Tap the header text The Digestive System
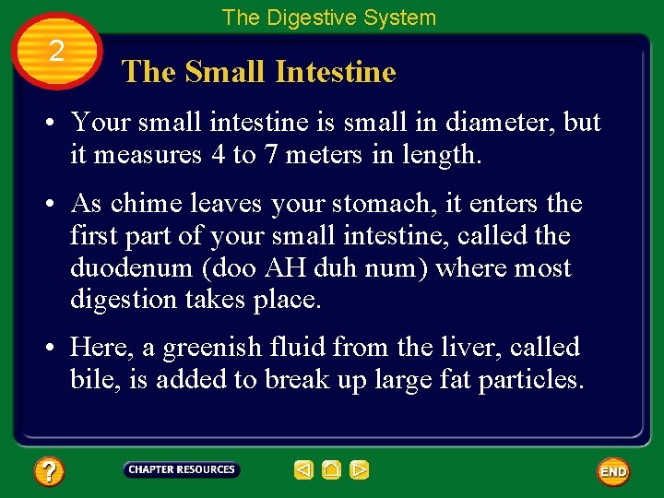[328, 17]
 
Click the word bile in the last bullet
[92, 380]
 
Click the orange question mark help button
[48, 472]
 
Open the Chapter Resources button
[181, 469]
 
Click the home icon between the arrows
[332, 470]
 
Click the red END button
[613, 471]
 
